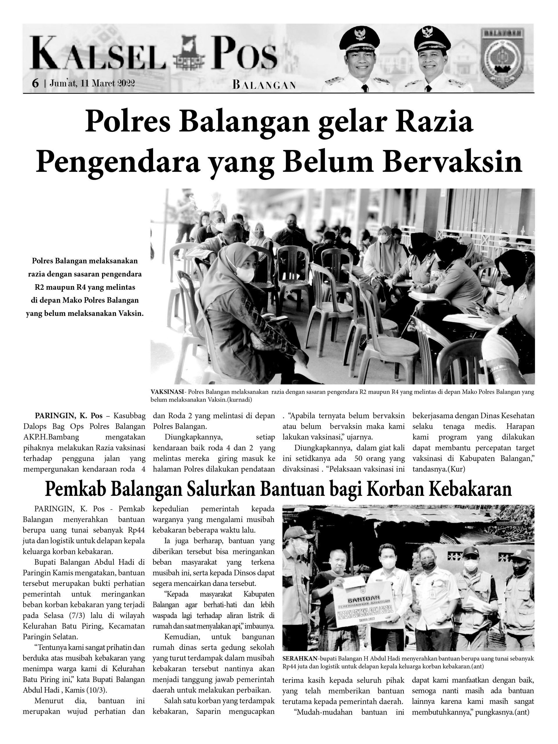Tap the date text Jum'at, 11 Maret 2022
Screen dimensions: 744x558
pyautogui.click(x=92, y=83)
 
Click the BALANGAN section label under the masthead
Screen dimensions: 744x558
pyautogui.click(x=264, y=85)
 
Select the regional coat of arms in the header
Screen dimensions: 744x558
pyautogui.click(x=502, y=58)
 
